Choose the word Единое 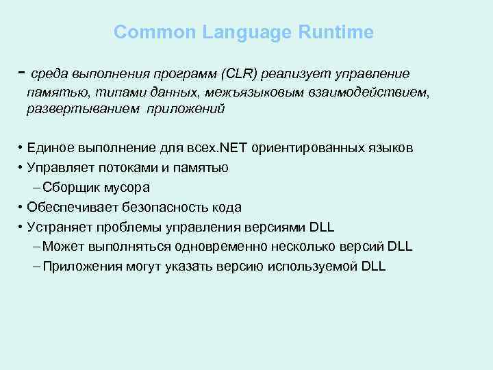49,149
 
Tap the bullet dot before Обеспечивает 22,207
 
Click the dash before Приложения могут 36,267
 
